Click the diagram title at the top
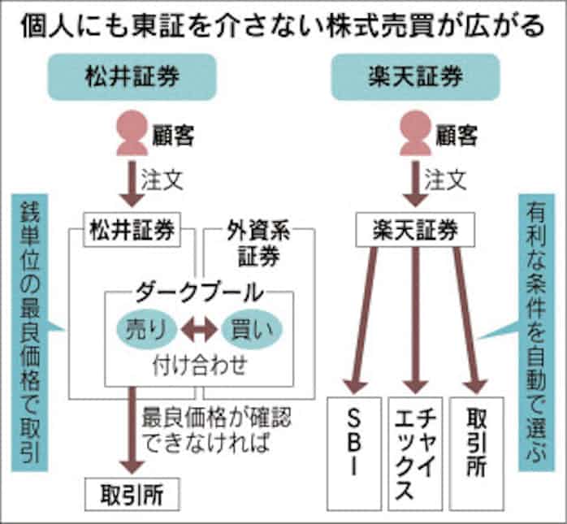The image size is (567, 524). pyautogui.click(x=283, y=25)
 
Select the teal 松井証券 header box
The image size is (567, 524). pyautogui.click(x=132, y=78)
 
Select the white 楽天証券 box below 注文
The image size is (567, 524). pyautogui.click(x=415, y=231)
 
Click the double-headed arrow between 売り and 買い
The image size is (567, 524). pyautogui.click(x=198, y=329)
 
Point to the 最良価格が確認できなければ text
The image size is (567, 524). pyautogui.click(x=215, y=431)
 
